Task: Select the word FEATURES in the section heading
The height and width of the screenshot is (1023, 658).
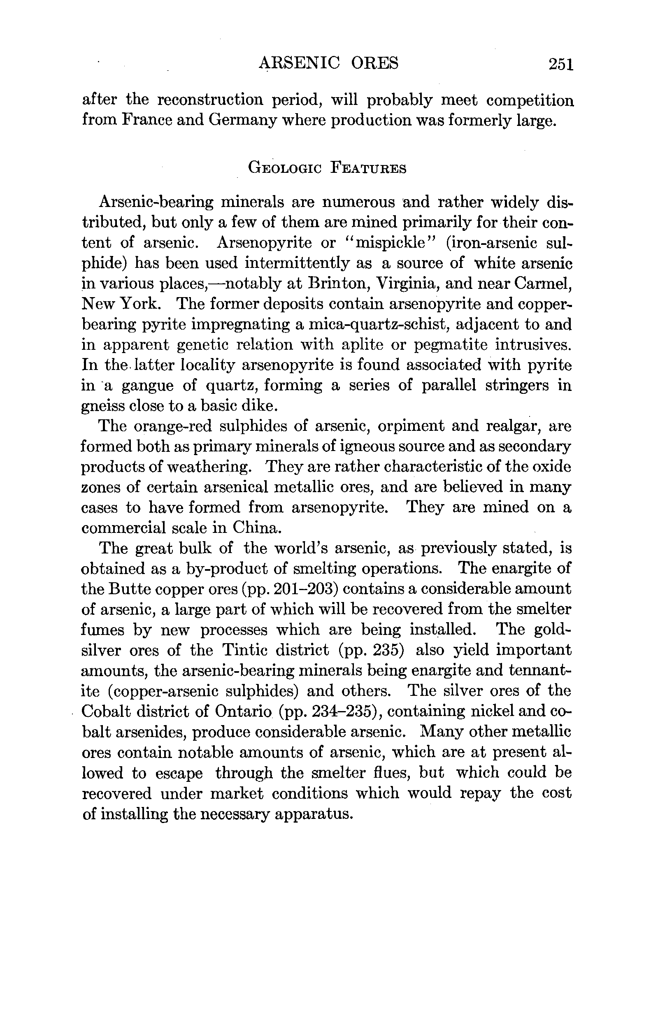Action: point(368,168)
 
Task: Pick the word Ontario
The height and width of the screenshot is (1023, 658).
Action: point(244,711)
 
